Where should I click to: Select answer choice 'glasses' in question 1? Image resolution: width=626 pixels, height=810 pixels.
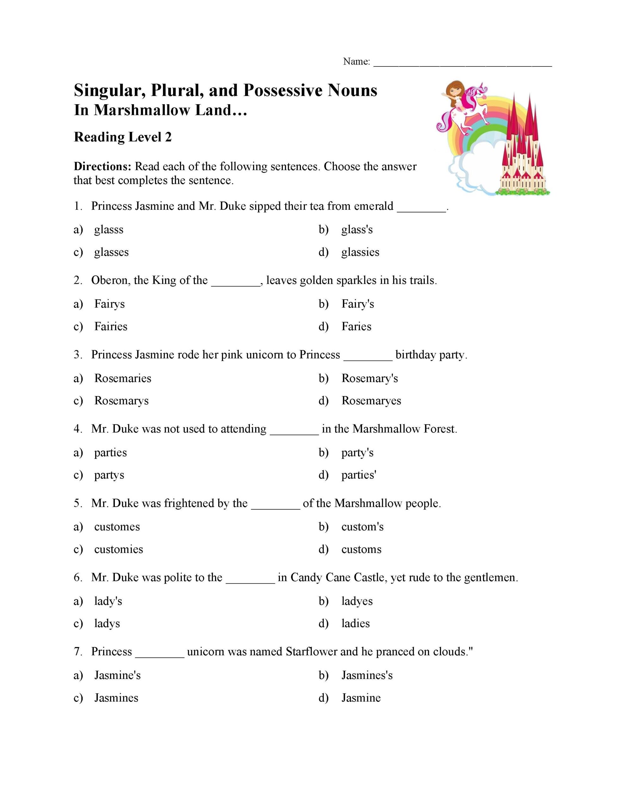click(x=111, y=252)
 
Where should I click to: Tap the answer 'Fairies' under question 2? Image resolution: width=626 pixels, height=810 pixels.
click(x=110, y=327)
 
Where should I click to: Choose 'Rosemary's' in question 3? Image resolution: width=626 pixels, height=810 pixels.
click(x=369, y=378)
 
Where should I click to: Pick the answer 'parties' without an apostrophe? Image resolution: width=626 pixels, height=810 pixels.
click(x=110, y=452)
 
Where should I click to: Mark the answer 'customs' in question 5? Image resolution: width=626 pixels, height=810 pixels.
click(x=361, y=549)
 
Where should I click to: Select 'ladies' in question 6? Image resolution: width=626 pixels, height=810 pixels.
click(x=355, y=623)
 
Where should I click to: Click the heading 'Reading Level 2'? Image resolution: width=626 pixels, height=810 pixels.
click(x=123, y=137)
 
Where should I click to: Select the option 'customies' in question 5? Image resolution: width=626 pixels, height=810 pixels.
click(x=118, y=549)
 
